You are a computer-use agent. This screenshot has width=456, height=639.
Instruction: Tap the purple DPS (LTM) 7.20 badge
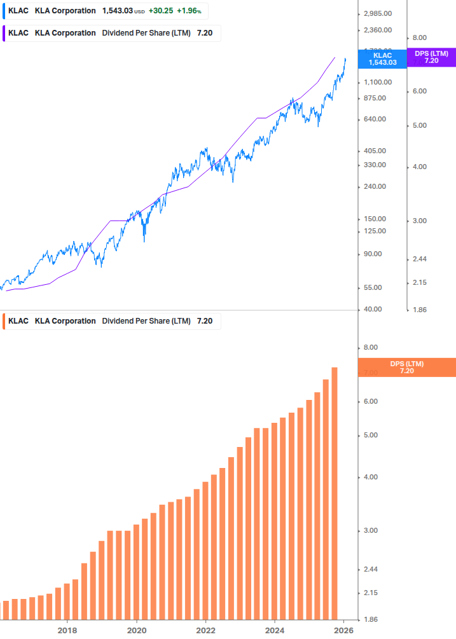(x=431, y=57)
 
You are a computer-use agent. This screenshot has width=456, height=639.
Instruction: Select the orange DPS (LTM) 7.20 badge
(x=406, y=367)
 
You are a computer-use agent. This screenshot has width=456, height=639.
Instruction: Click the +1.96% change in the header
(x=189, y=11)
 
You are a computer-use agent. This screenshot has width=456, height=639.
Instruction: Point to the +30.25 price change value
(x=160, y=11)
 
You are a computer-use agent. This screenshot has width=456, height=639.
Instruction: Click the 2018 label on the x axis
(x=67, y=630)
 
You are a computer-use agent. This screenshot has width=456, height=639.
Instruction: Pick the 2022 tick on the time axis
(x=205, y=630)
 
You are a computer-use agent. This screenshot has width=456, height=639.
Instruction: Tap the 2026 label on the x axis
(x=343, y=630)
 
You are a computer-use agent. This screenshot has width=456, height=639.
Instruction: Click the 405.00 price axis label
(x=373, y=151)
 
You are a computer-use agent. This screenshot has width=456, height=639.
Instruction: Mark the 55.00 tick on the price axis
(x=371, y=287)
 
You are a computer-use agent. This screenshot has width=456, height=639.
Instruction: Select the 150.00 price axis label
(x=373, y=219)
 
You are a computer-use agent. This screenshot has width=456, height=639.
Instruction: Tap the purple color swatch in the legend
(x=4, y=33)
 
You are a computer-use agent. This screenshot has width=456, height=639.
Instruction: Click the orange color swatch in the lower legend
(x=4, y=321)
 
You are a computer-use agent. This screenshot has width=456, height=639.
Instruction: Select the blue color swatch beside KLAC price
(x=4, y=11)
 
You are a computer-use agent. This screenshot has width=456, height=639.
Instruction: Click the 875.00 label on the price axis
(x=373, y=98)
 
